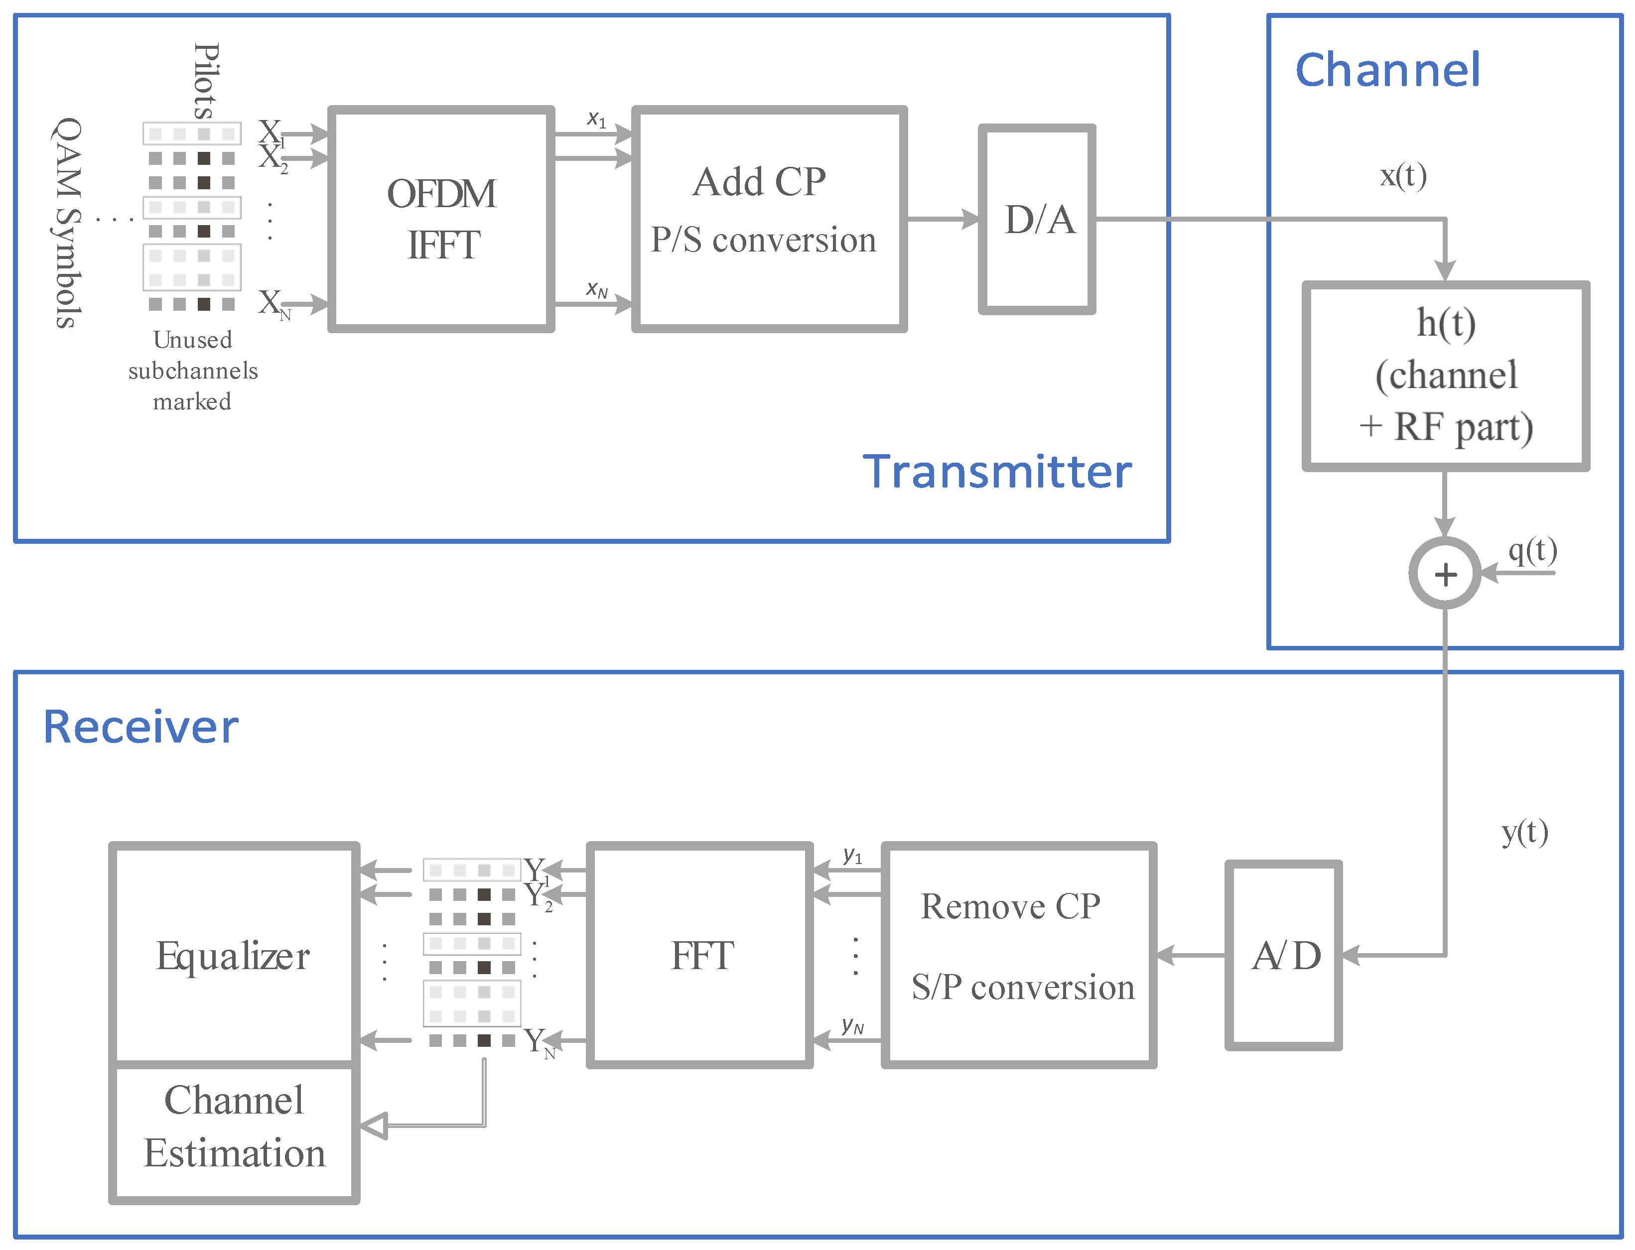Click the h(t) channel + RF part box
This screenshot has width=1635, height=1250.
[x=1445, y=375]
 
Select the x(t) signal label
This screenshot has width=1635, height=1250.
[x=1403, y=176]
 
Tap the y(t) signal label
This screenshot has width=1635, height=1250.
[x=1524, y=831]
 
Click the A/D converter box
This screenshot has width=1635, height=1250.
[x=1284, y=955]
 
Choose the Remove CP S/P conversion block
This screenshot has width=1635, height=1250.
[x=1018, y=955]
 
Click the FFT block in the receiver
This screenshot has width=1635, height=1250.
[x=699, y=955]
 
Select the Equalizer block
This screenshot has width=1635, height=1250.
[x=234, y=955]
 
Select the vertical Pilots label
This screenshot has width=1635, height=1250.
[x=206, y=80]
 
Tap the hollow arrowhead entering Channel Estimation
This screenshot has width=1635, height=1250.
[x=374, y=1125]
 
